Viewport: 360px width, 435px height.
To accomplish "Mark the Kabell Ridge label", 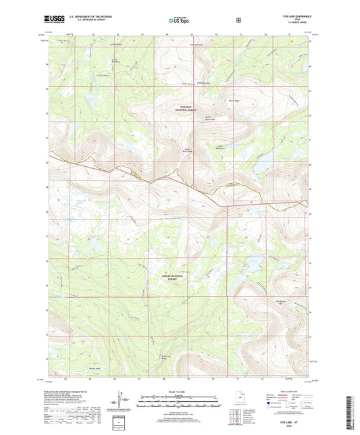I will pyautogui.click(x=234, y=99).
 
